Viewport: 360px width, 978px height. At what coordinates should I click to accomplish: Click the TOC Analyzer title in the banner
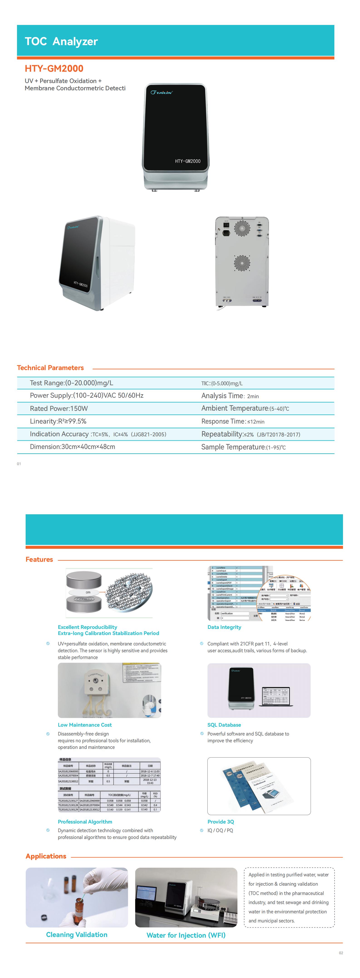tap(61, 41)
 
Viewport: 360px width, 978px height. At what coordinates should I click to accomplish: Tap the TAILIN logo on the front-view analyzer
tap(161, 92)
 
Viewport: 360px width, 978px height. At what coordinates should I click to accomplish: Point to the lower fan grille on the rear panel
tap(242, 263)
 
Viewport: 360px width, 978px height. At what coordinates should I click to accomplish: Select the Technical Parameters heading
tap(51, 368)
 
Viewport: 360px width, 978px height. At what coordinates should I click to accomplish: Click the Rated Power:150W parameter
tap(59, 409)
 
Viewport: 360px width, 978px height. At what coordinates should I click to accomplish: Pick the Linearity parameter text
tap(58, 421)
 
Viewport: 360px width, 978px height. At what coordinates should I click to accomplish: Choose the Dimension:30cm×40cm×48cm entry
tap(73, 447)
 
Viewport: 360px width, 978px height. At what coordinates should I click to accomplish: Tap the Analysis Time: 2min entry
tap(230, 396)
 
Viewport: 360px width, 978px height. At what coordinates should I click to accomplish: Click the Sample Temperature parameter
tap(243, 447)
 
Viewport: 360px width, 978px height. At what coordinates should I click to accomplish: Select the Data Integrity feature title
tap(224, 627)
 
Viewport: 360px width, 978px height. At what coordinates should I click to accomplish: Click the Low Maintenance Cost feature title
tap(85, 725)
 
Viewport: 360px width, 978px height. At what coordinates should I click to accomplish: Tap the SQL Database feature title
tap(224, 725)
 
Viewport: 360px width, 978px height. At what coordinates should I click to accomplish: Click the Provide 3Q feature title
tap(221, 822)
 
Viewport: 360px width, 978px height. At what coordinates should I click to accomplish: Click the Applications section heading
tap(46, 856)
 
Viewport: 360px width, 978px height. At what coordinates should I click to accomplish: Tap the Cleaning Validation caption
tap(77, 934)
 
